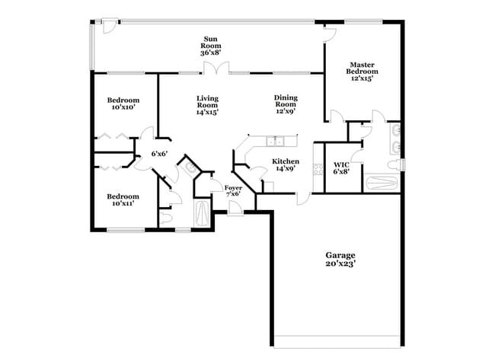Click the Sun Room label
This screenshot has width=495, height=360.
(x=211, y=46)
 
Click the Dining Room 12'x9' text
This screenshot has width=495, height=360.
(x=285, y=105)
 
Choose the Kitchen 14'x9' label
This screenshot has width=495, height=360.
(x=286, y=165)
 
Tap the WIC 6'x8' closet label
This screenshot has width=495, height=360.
(x=340, y=167)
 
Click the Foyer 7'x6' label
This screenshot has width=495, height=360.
(x=233, y=190)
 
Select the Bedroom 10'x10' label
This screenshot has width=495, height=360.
(x=123, y=104)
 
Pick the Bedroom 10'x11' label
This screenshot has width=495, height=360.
(x=123, y=199)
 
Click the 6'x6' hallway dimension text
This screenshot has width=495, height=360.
(x=159, y=154)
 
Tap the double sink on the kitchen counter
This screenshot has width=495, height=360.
(x=275, y=141)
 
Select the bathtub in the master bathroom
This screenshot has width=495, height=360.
(x=381, y=183)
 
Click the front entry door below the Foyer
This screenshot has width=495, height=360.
(x=235, y=207)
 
